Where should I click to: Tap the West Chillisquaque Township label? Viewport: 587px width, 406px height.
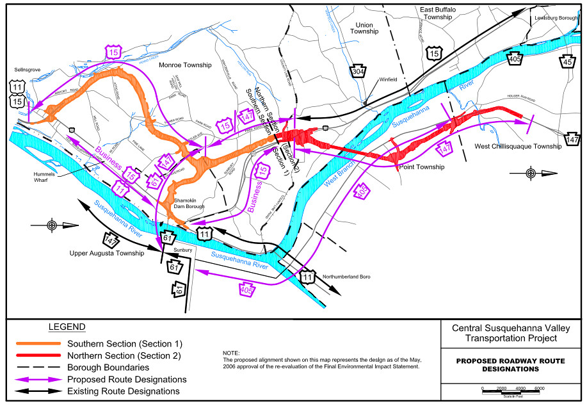[518, 147]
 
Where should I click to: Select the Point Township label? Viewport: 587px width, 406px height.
[421, 166]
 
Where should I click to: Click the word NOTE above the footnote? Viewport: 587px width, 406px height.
[230, 353]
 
